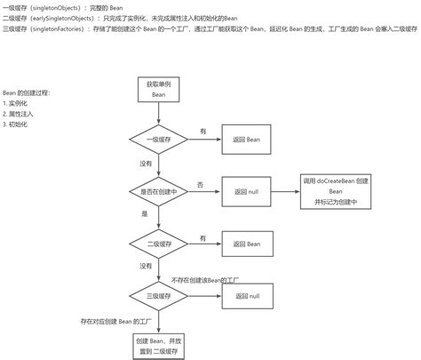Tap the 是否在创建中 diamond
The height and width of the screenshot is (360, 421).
158,190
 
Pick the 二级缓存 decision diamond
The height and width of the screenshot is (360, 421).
158,243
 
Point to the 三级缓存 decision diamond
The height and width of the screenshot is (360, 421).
158,295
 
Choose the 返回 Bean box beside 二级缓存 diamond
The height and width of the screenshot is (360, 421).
247,243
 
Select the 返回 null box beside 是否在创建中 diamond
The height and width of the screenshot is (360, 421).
247,190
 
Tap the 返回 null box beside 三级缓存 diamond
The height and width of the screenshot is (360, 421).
247,295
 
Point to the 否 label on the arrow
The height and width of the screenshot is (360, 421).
200,184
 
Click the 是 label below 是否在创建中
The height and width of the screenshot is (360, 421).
144,213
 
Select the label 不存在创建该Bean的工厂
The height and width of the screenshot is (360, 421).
206,279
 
